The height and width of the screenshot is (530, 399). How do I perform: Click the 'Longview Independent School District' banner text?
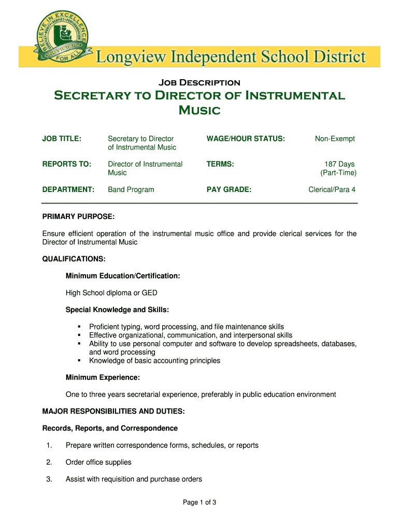(x=231, y=56)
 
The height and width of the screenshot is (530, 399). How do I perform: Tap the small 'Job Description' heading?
(x=199, y=83)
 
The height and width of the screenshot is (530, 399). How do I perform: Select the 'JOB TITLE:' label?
(x=62, y=139)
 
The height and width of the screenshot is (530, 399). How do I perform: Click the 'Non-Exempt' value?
(x=335, y=139)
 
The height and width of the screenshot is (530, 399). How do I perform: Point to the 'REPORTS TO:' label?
(x=66, y=164)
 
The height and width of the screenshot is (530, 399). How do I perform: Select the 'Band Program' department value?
(x=131, y=189)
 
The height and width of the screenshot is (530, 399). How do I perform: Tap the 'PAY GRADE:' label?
(x=229, y=189)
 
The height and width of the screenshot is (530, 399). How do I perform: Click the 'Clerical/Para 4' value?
(x=332, y=189)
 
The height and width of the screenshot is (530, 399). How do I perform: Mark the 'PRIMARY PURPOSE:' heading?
(x=78, y=216)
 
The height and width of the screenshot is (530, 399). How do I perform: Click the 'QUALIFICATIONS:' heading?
(x=74, y=259)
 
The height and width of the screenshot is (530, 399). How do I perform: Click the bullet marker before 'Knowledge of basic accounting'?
(x=79, y=361)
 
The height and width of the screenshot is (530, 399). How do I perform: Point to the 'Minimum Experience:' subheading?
(x=102, y=377)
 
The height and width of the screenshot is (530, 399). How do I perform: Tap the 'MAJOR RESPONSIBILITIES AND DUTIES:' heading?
(x=113, y=411)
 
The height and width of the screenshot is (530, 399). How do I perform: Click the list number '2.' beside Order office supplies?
(x=49, y=462)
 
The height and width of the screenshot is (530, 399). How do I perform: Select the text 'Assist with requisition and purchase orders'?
(x=134, y=479)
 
